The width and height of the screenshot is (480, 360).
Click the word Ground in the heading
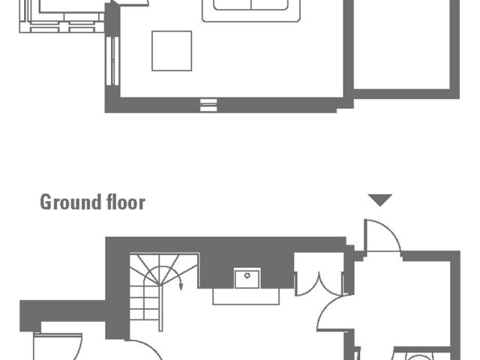coord(70,202)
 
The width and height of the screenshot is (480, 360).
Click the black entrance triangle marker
coord(380,199)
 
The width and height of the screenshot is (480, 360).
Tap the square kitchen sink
coord(247,279)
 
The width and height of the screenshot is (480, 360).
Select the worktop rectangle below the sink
coord(247,296)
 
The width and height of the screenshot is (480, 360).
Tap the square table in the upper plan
coord(172,51)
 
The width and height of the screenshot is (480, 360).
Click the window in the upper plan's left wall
coord(112,60)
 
